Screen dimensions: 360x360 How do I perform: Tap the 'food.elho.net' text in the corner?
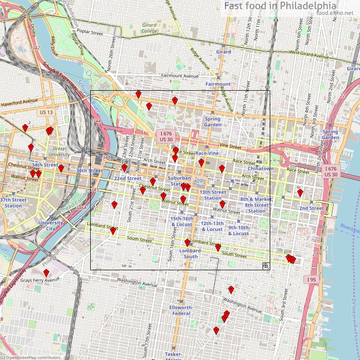click(335, 12)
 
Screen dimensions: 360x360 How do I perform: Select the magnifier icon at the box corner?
click(265, 265)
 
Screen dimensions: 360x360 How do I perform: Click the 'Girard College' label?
click(149, 28)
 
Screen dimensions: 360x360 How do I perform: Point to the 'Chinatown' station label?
click(260, 169)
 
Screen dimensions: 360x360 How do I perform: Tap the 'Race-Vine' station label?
click(207, 153)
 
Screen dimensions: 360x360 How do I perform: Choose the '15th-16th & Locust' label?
click(182, 221)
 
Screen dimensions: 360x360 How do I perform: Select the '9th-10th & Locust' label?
click(238, 230)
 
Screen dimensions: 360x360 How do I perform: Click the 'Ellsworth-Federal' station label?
click(181, 310)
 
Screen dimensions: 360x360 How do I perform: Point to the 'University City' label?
click(50, 226)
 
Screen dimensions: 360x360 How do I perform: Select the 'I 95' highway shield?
click(310, 279)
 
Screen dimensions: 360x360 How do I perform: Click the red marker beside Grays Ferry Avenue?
click(46, 273)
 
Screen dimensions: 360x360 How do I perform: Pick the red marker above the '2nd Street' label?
click(300, 193)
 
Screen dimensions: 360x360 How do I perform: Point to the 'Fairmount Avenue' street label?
click(180, 76)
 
